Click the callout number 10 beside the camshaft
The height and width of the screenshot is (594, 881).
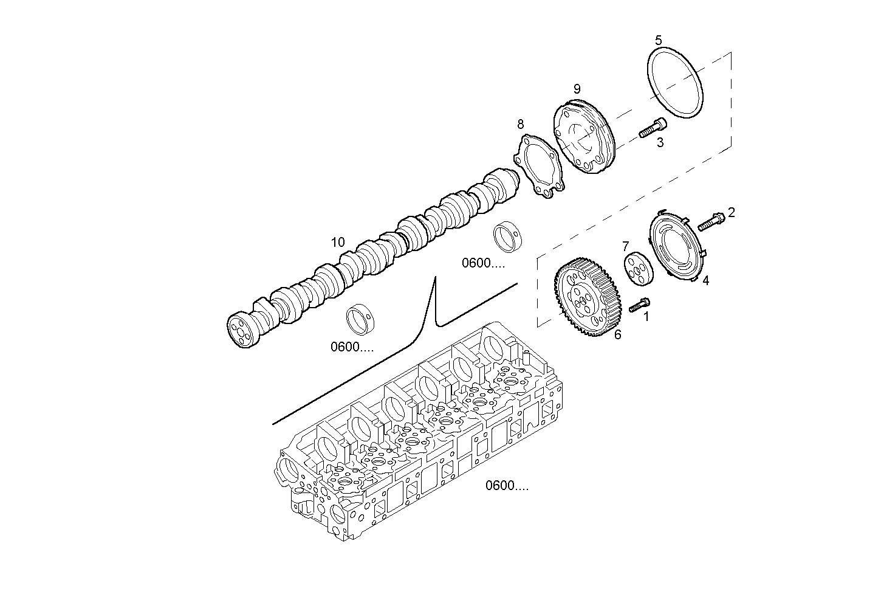click(338, 243)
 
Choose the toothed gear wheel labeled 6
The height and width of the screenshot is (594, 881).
click(584, 298)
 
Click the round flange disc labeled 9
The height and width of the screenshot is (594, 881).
click(584, 137)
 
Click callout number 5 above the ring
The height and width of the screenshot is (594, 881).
click(659, 40)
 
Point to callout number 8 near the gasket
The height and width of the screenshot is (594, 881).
click(521, 125)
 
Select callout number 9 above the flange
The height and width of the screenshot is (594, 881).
click(577, 89)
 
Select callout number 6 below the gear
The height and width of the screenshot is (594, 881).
click(617, 334)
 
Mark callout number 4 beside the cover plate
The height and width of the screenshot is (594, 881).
click(705, 281)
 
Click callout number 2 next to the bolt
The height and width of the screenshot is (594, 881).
click(732, 212)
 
